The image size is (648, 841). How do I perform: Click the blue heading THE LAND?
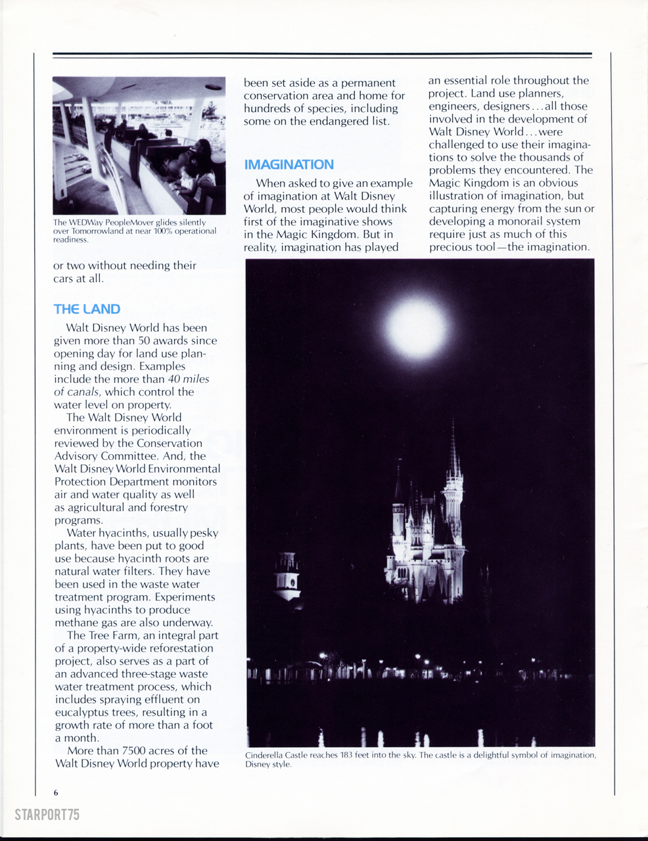point(87,309)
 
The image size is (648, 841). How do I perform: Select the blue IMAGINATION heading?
point(289,165)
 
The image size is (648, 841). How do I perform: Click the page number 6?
point(57,792)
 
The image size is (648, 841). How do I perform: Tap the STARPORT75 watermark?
point(47,815)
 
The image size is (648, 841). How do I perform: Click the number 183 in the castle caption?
point(348,756)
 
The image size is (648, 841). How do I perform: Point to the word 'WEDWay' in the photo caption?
point(87,223)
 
